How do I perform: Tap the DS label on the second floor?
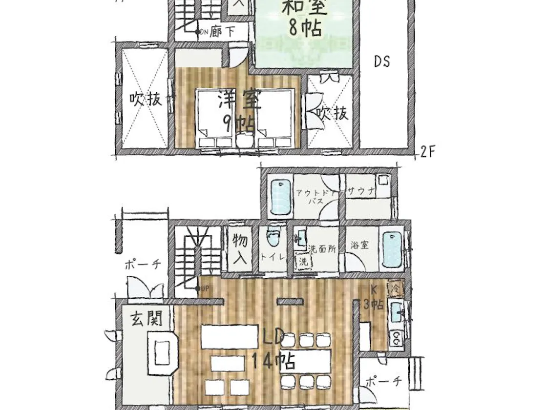(x=382, y=62)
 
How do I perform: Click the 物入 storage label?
(x=239, y=248)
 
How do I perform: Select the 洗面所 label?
(x=321, y=248)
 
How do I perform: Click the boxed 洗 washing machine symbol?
(x=304, y=262)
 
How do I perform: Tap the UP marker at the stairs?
(x=204, y=288)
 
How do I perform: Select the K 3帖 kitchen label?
(x=373, y=298)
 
